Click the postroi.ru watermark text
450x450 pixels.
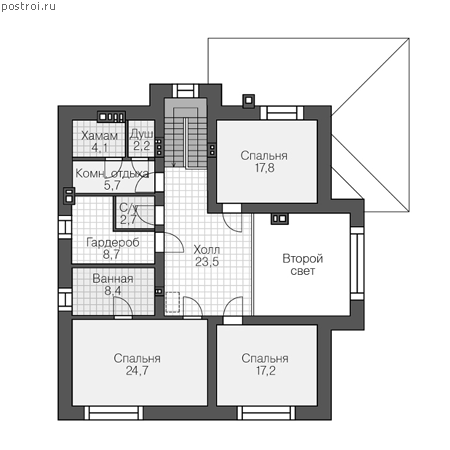28,7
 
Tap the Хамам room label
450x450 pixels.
99,136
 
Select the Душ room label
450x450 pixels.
141,134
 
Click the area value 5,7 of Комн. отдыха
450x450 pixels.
112,185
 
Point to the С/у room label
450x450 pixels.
128,208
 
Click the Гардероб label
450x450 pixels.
113,242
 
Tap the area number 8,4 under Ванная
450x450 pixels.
113,291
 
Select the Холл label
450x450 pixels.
207,249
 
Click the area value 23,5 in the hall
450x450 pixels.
207,262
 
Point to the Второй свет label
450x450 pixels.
303,265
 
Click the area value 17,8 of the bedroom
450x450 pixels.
265,168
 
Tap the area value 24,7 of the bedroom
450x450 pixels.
137,371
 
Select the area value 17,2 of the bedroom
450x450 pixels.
266,371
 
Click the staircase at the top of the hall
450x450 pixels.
186,133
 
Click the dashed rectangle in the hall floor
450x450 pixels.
173,302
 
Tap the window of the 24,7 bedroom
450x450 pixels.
114,413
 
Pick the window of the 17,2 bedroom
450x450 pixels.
266,413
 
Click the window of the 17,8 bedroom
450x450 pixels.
282,113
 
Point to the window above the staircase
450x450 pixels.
185,91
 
